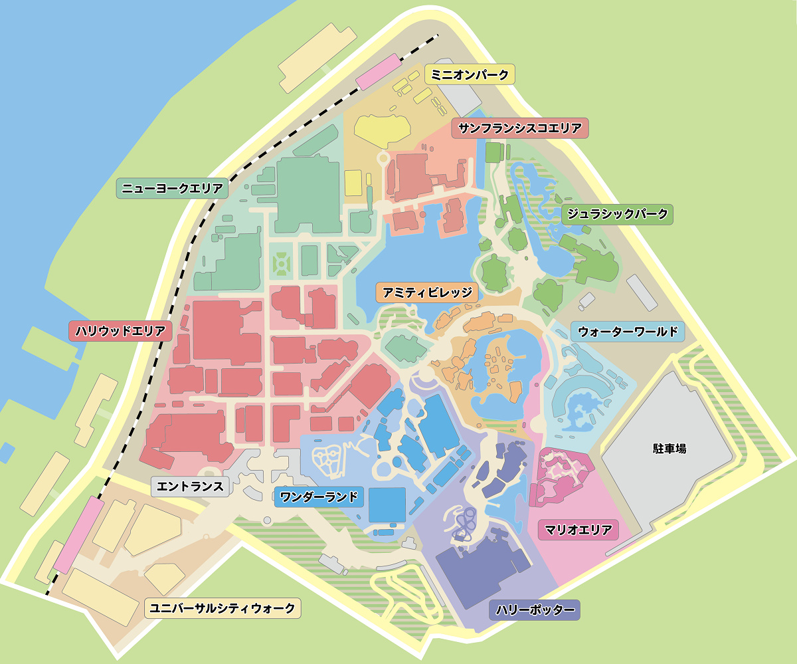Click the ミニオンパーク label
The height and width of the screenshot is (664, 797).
coord(470,75)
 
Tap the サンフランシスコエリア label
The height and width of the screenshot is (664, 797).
coord(520,128)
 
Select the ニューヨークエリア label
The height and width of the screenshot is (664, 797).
coord(173,188)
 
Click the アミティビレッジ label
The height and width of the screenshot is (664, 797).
coord(427,292)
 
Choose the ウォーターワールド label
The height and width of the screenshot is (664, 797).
coord(628,332)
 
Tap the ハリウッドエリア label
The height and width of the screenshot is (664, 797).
coord(121,331)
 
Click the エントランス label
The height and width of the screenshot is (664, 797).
coord(191,486)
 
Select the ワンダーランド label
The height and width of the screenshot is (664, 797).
coord(319,497)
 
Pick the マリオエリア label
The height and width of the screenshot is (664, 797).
coord(578,530)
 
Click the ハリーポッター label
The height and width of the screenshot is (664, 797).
coord(535,609)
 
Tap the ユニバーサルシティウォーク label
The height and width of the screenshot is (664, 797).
coord(222,608)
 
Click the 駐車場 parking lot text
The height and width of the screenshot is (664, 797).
coord(669,449)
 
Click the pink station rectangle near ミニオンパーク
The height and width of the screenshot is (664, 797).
coord(379,71)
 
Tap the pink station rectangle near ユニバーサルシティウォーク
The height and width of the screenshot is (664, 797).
coord(79,534)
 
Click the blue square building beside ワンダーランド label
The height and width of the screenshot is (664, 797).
coord(387,504)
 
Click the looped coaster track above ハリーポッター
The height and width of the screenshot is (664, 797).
coord(463,522)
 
